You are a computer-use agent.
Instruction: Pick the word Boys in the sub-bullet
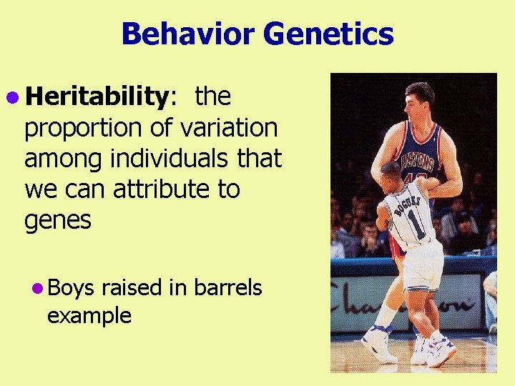click(72, 287)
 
